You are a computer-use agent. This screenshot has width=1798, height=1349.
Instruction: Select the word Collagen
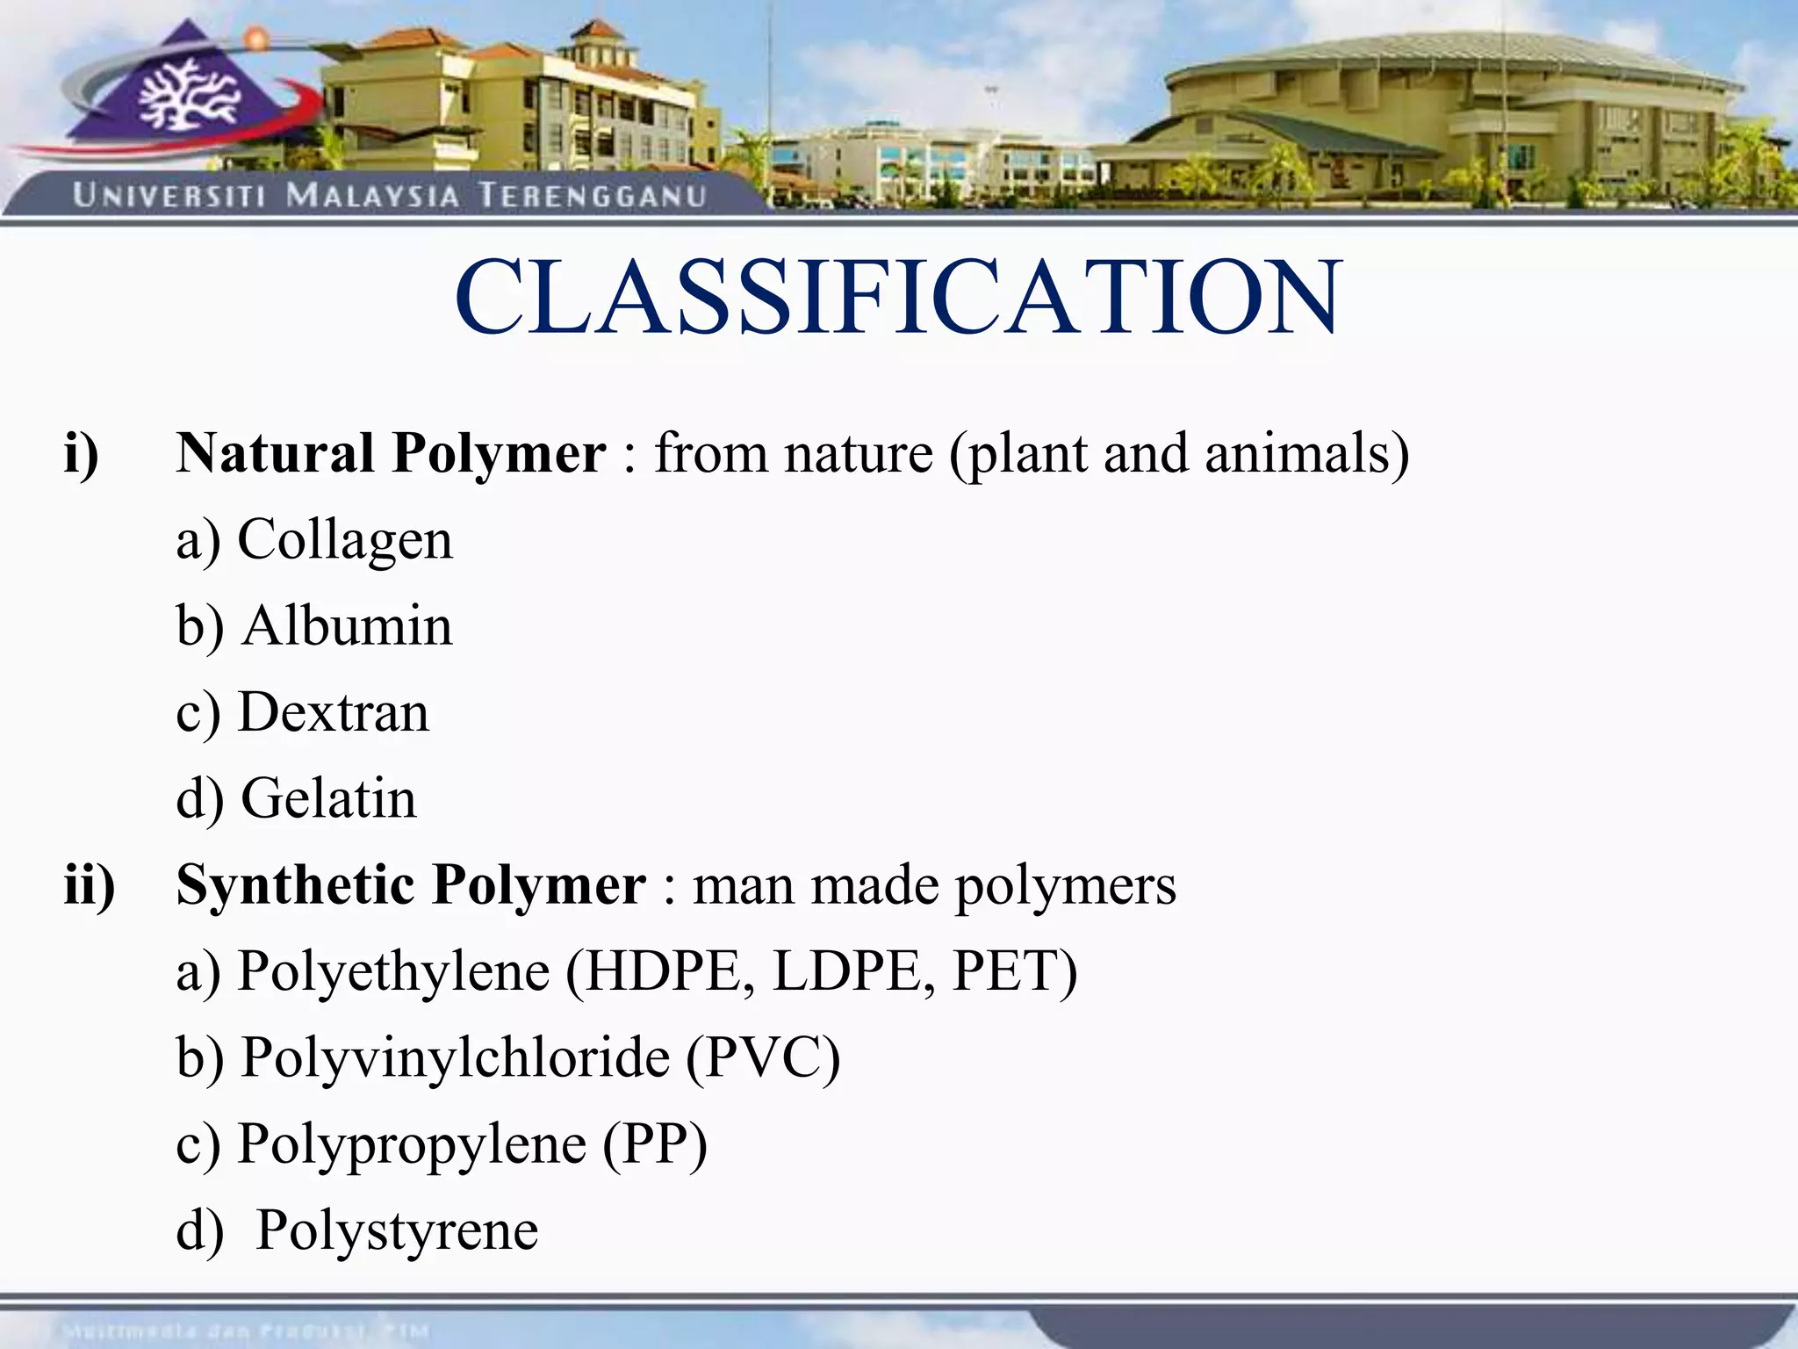tap(345, 539)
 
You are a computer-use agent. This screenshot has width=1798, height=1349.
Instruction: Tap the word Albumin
tap(348, 625)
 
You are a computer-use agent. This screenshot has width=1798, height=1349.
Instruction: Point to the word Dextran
tap(334, 711)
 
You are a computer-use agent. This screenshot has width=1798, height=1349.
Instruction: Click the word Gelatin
tap(328, 797)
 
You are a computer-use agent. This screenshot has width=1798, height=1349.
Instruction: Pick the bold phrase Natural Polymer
tap(391, 454)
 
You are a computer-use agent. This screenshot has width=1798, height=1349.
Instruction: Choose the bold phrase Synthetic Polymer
tap(411, 884)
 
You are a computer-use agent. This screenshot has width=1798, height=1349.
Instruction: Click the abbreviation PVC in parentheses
tap(762, 1057)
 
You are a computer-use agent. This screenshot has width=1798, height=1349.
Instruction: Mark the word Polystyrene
tap(397, 1230)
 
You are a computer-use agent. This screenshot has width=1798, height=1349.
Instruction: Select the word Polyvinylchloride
tap(456, 1057)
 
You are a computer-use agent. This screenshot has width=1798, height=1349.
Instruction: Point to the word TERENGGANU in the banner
tap(593, 195)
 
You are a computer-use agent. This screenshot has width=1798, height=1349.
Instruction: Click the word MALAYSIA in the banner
tap(373, 195)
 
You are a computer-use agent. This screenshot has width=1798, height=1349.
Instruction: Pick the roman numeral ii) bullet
tap(89, 884)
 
